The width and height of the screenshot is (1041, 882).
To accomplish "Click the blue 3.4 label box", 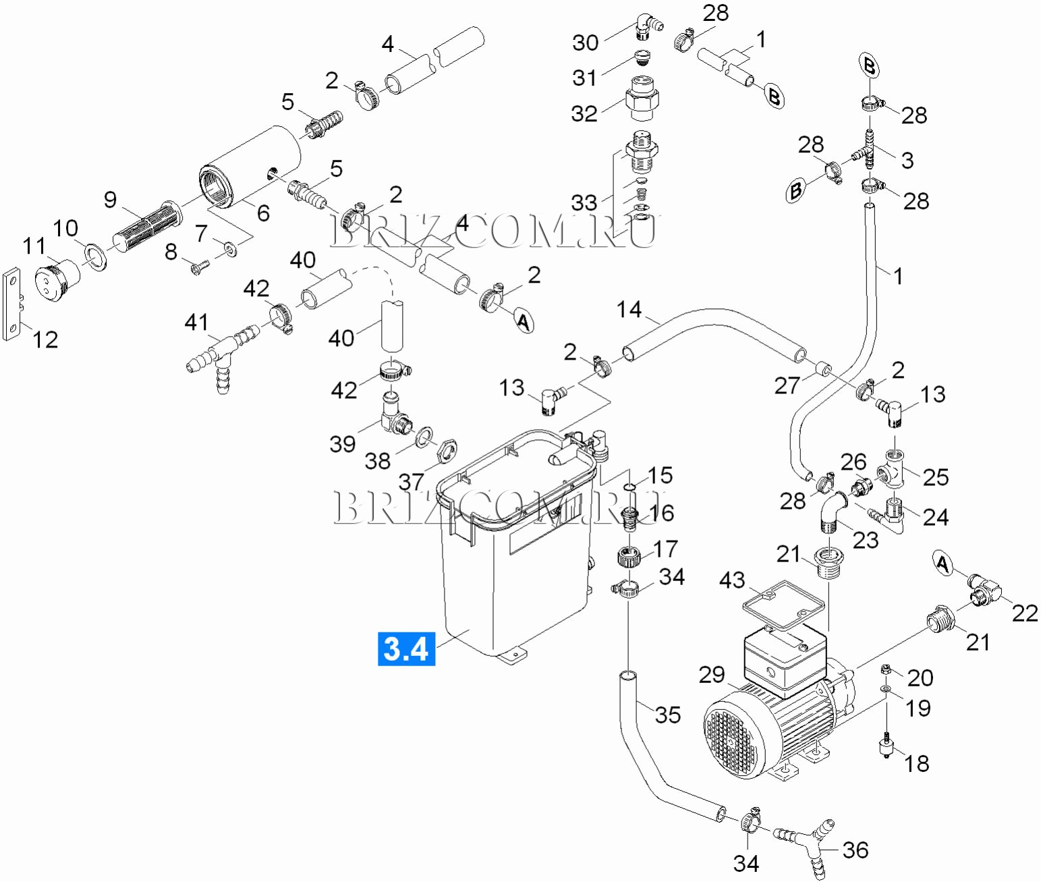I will [x=406, y=649].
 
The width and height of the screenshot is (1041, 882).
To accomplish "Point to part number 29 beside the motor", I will [x=712, y=674].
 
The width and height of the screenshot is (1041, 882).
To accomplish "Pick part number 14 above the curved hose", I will [x=629, y=309].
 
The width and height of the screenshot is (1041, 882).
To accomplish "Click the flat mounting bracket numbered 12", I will [x=11, y=305].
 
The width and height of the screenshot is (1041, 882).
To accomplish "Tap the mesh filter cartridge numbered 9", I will [x=146, y=223].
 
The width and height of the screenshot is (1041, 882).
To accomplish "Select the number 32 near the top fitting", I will [x=584, y=113].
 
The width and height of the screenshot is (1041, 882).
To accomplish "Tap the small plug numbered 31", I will [x=643, y=57].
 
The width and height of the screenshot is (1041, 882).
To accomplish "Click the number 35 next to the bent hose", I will [x=668, y=715].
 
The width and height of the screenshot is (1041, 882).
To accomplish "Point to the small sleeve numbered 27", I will [x=821, y=369].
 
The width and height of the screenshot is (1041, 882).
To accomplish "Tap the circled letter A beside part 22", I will [x=943, y=562].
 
